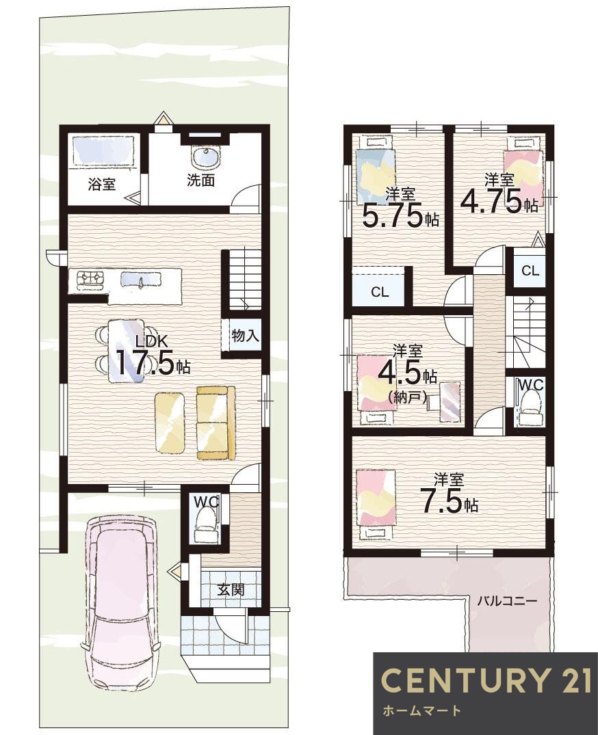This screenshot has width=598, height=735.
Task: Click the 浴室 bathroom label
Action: (102, 184)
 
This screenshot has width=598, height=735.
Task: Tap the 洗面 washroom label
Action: (200, 180)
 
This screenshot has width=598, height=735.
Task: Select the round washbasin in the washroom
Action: (205, 157)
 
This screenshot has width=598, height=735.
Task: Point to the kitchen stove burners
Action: (90, 278)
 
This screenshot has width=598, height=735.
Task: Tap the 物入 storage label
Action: (245, 336)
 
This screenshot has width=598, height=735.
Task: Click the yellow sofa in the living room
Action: (216, 423)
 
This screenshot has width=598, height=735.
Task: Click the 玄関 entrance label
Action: (231, 589)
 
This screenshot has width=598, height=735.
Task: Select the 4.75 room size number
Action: (491, 202)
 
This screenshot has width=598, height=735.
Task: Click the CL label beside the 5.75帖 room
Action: (380, 292)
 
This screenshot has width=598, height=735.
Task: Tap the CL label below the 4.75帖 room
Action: (530, 271)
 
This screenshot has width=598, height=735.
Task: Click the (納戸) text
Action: (408, 398)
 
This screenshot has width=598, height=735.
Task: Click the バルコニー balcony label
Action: (507, 600)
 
